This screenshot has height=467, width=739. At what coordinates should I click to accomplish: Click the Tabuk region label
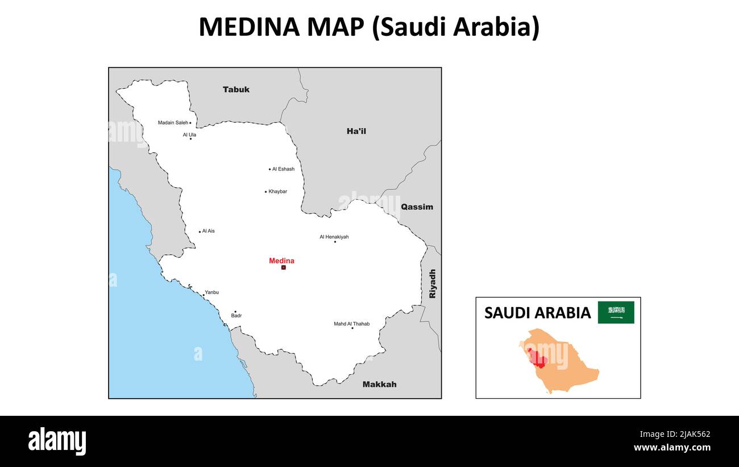pos(236,89)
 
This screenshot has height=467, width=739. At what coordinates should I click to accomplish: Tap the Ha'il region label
pos(356,131)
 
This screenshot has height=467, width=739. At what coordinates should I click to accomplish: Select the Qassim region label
pos(417,207)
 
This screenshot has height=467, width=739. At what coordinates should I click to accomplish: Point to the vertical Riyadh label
pos(433,284)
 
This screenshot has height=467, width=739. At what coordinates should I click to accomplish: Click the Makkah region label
pos(379,385)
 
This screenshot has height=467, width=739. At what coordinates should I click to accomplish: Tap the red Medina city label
pos(281,261)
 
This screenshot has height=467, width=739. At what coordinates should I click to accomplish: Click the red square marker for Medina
pos(283,267)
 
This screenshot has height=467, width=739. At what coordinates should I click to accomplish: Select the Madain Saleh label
pos(173,123)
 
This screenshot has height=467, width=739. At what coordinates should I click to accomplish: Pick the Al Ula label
pos(189,135)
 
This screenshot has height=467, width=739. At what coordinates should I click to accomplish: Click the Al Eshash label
pos(283,169)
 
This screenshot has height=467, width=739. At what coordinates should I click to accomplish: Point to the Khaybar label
pos(277,192)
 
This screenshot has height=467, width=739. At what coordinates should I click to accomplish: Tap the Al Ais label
pos(208,231)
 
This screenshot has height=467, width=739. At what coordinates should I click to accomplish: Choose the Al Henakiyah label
pos(334,237)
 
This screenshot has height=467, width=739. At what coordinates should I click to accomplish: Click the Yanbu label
pos(211,292)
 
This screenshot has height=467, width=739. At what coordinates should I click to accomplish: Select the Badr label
pos(236,316)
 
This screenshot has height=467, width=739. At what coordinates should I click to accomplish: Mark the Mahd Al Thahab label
pos(351,324)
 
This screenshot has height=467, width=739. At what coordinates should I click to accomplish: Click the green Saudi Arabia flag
pos(616,312)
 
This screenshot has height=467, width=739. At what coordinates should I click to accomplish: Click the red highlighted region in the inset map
pos(538,358)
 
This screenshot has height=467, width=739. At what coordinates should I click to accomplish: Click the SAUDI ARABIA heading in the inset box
pos(537,313)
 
